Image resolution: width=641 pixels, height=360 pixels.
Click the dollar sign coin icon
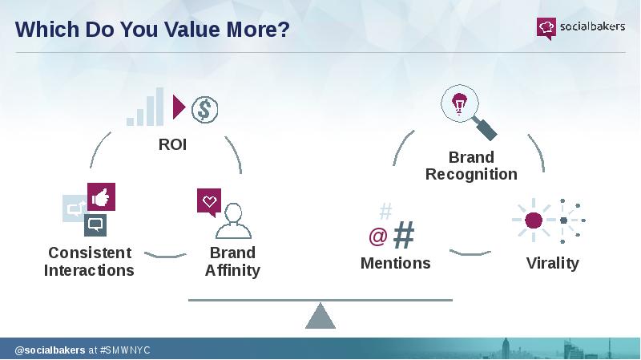click(x=205, y=110)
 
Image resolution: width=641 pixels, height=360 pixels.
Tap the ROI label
click(x=172, y=144)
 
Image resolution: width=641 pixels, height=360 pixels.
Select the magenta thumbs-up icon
click(x=102, y=196)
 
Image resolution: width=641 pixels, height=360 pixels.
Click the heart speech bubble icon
click(x=209, y=202)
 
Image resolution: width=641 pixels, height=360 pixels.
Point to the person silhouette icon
click(x=233, y=221)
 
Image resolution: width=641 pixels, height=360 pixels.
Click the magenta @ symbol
click(x=378, y=237)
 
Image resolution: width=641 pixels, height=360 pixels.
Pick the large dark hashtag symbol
click(x=404, y=234)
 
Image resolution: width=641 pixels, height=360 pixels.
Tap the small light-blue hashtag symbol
click(x=385, y=211)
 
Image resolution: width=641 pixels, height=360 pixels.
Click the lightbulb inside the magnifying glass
click(x=459, y=103)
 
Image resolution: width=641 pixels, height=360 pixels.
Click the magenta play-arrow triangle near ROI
click(x=179, y=107)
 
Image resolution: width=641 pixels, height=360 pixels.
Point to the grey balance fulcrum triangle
click(x=320, y=316)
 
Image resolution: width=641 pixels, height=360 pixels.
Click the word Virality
click(x=553, y=263)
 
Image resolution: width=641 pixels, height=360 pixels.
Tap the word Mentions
click(x=396, y=263)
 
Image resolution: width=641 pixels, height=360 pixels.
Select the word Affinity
click(x=232, y=270)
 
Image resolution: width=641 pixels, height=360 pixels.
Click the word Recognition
click(x=471, y=174)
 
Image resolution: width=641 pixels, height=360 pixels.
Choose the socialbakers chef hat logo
click(x=546, y=28)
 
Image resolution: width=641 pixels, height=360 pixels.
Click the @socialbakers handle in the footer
click(x=50, y=350)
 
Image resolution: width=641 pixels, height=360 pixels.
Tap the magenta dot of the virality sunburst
click(x=534, y=220)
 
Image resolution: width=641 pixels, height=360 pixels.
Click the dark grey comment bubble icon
click(x=95, y=225)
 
